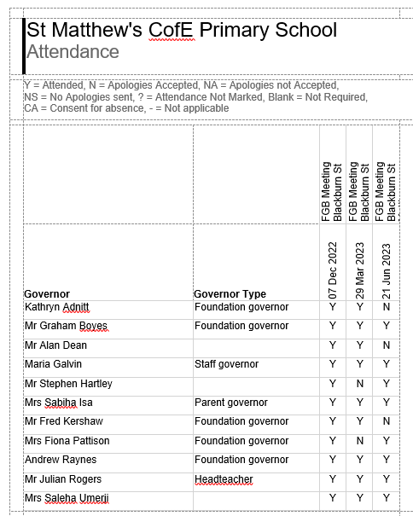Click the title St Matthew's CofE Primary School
point(182,31)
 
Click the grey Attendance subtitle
point(73,52)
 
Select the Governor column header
point(47,293)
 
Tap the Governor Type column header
point(230,293)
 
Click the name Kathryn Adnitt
point(56,307)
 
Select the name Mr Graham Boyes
point(65,326)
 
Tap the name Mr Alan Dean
point(55,345)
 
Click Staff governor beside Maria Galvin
point(226,364)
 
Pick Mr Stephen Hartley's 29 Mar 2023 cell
point(360,384)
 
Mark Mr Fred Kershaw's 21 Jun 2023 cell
point(387,421)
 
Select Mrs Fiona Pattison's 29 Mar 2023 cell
point(360,441)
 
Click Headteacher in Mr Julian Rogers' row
point(224,479)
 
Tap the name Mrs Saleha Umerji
point(67,498)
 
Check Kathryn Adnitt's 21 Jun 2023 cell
point(387,307)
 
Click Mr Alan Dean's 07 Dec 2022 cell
point(333,345)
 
